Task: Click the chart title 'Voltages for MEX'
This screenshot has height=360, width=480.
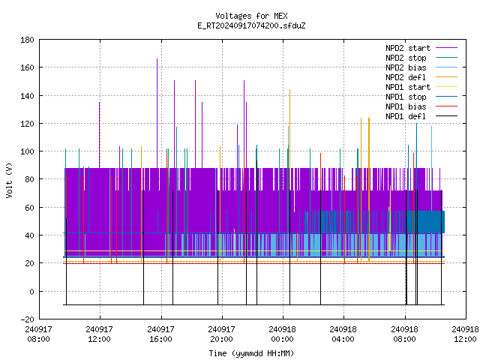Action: pyautogui.click(x=251, y=16)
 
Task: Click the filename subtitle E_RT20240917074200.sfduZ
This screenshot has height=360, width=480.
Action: pyautogui.click(x=251, y=25)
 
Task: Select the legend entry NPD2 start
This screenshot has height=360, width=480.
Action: pyautogui.click(x=421, y=48)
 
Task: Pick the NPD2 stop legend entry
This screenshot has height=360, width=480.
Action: pyautogui.click(x=421, y=58)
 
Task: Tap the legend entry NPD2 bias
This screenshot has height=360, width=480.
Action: pyautogui.click(x=421, y=67)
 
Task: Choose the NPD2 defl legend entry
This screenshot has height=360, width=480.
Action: pyautogui.click(x=421, y=77)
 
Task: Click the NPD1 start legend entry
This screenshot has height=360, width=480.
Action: pyautogui.click(x=421, y=87)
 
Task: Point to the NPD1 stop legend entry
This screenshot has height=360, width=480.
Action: pyautogui.click(x=421, y=97)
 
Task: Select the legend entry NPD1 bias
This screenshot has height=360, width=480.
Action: pyautogui.click(x=421, y=106)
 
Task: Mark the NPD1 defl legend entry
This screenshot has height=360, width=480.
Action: pyautogui.click(x=421, y=117)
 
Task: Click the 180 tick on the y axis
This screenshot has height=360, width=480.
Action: pyautogui.click(x=27, y=40)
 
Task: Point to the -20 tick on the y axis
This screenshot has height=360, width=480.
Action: pyautogui.click(x=27, y=319)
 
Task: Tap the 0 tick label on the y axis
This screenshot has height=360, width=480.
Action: pyautogui.click(x=31, y=292)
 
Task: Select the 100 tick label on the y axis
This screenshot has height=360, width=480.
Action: pyautogui.click(x=27, y=151)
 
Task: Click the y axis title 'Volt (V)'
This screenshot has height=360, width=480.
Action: pyautogui.click(x=9, y=180)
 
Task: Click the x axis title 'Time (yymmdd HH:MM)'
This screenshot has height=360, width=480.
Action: pyautogui.click(x=251, y=353)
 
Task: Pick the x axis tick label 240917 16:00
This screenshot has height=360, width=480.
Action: pyautogui.click(x=160, y=334)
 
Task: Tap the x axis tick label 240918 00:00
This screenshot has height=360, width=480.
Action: pyautogui.click(x=282, y=334)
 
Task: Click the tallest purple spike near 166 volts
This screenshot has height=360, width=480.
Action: pyautogui.click(x=157, y=113)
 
